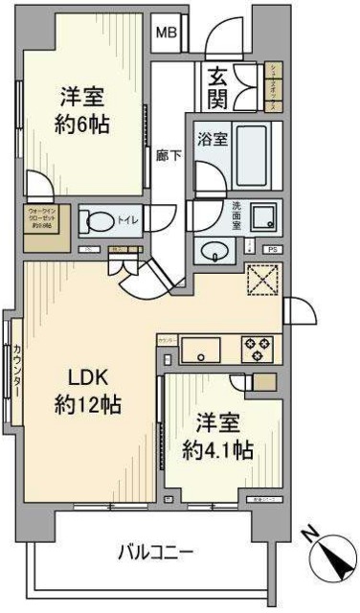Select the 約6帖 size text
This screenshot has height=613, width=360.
[84, 123]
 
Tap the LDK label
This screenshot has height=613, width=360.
[86, 376]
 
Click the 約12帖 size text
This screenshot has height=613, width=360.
[86, 405]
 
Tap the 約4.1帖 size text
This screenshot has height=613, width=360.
[220, 449]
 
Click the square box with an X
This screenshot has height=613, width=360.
[260, 281]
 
